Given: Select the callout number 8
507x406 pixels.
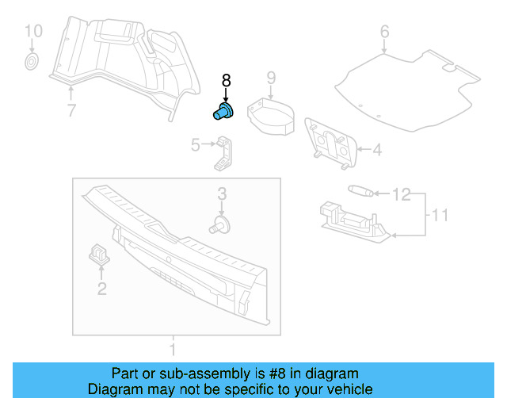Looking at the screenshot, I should tap(226, 80).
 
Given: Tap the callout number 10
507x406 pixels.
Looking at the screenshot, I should tap(32, 32).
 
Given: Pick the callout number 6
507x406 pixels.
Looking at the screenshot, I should tap(384, 32).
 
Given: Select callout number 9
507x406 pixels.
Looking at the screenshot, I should tap(270, 77).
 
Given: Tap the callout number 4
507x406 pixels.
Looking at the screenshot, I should tap(377, 148).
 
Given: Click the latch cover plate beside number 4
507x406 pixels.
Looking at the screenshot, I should tap(332, 144).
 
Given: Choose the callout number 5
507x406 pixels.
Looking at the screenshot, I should tap(195, 144).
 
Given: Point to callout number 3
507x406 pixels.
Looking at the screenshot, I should tap(222, 193).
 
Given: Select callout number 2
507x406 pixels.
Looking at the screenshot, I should tap(101, 289).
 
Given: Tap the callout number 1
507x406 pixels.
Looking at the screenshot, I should tap(173, 348).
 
